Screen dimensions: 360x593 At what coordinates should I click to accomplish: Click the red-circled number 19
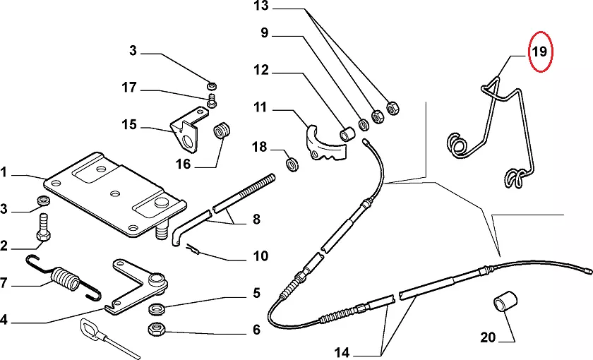[x=540, y=52]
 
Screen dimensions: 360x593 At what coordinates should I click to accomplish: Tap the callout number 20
[x=488, y=337]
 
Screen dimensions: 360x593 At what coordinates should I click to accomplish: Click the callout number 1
[x=4, y=172]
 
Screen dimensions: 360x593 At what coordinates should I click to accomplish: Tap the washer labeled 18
[x=292, y=164]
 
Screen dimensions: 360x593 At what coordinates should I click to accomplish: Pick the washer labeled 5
[x=157, y=308]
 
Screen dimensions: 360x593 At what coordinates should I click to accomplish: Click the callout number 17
[x=128, y=88]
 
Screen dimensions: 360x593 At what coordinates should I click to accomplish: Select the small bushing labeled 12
[x=348, y=133]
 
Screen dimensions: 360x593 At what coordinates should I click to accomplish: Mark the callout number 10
[x=260, y=256]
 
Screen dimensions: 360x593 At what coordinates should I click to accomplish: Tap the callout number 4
[x=4, y=320]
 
